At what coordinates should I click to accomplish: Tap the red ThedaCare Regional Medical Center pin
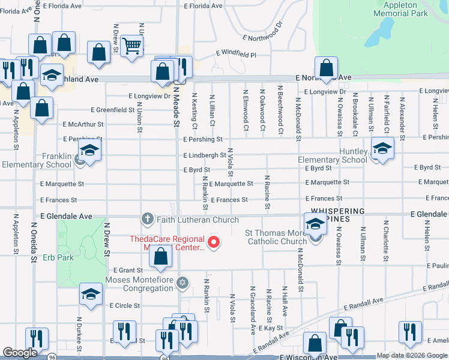click(214, 242)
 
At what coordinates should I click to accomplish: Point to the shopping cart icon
click(131, 45)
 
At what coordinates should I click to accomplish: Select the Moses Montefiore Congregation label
click(139, 284)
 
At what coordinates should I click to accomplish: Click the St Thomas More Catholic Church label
click(276, 237)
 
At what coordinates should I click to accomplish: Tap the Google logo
click(20, 353)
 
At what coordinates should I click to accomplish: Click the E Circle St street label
click(124, 305)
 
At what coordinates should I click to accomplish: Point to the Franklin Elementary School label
click(36, 160)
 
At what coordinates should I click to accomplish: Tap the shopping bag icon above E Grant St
click(160, 256)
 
